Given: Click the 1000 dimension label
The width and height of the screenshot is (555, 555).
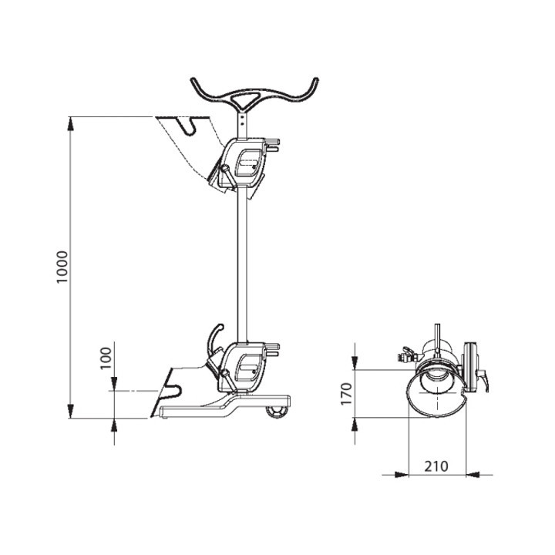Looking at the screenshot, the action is [x=62, y=267].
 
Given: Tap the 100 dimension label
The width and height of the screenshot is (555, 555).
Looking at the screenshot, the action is [x=106, y=358].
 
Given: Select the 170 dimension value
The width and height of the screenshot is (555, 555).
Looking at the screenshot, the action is [x=346, y=394].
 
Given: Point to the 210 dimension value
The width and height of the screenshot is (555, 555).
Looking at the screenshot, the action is [x=436, y=466].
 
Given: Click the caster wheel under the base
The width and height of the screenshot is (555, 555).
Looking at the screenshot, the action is [x=277, y=412].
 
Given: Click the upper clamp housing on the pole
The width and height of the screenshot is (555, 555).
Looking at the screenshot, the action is [x=244, y=163].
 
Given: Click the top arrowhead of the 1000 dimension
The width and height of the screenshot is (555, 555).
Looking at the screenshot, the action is [x=70, y=124].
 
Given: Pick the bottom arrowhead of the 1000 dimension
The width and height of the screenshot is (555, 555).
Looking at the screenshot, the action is [x=70, y=411].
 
